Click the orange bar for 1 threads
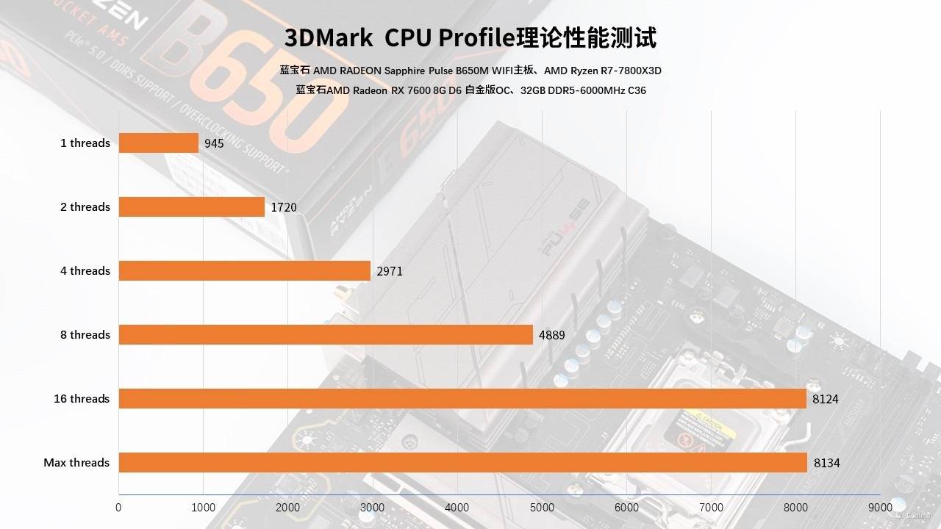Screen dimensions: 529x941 click(159, 143)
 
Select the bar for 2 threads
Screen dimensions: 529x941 click(191, 206)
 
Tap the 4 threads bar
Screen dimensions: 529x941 click(244, 270)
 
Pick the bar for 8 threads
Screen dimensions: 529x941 click(326, 334)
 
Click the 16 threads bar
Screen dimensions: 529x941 click(462, 398)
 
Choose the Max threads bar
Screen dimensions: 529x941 click(463, 462)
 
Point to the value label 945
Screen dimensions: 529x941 click(214, 143)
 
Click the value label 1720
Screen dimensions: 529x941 click(284, 207)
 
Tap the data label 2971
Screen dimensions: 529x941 click(390, 271)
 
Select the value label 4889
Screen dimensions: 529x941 click(552, 335)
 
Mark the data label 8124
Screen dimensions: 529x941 click(826, 399)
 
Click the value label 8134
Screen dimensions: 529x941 click(827, 463)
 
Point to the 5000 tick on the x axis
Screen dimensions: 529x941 click(542, 507)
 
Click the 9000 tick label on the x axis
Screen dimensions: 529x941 click(880, 507)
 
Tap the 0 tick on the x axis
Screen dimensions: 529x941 click(119, 507)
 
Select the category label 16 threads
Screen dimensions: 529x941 click(82, 398)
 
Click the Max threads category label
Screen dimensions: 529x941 click(76, 462)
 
